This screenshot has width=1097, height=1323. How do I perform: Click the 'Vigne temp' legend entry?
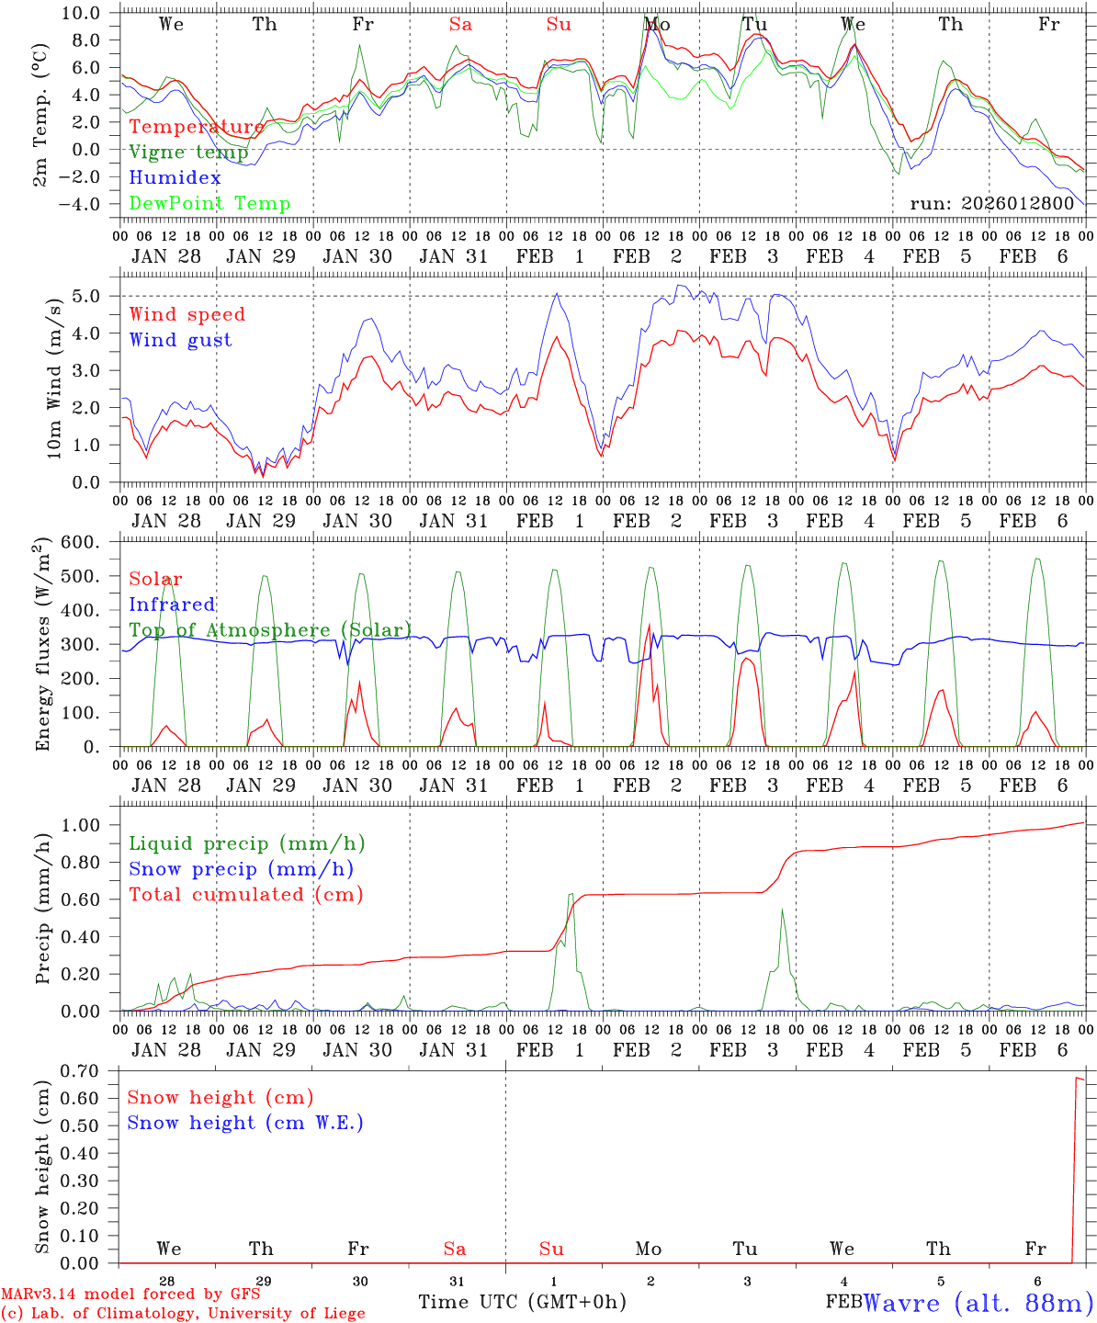[x=187, y=153]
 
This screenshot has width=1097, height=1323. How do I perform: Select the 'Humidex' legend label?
[x=175, y=178]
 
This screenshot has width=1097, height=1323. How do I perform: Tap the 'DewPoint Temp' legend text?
[x=209, y=204]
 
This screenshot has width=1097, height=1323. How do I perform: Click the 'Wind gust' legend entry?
[x=180, y=340]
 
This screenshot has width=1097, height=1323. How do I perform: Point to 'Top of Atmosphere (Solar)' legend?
[x=270, y=630]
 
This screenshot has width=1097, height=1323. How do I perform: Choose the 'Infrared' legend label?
[x=172, y=605]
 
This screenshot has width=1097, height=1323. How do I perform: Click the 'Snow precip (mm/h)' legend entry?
[x=241, y=869]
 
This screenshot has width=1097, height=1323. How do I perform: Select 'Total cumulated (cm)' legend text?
[x=245, y=894]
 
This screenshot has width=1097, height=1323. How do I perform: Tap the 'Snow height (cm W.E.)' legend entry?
[x=245, y=1123]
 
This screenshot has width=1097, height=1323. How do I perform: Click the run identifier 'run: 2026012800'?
[x=991, y=204]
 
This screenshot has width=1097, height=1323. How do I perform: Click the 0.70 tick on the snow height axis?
[x=81, y=1070]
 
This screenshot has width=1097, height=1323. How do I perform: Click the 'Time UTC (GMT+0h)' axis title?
[x=522, y=1302]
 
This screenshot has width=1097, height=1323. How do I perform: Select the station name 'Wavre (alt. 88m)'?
[x=978, y=1303]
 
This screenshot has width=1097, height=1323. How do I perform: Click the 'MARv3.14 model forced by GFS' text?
[x=130, y=1295]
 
